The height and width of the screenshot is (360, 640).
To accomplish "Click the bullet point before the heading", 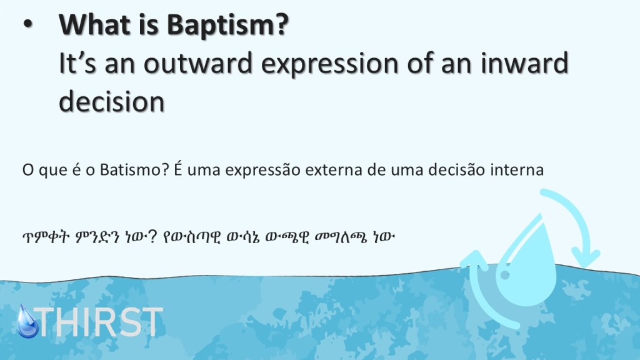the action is tap(27, 24).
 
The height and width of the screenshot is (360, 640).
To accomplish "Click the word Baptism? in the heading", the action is tap(227, 25).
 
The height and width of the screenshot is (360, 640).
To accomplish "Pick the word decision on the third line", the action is tap(112, 102).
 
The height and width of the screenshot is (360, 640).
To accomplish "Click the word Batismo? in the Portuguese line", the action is tap(134, 169).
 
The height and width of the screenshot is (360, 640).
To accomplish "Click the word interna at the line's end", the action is tap(517, 169).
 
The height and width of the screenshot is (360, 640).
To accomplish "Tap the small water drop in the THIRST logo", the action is tap(27, 322).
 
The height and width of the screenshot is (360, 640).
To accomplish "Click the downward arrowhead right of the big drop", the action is tap(585, 257).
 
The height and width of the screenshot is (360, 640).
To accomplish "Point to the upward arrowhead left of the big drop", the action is tap(475, 259).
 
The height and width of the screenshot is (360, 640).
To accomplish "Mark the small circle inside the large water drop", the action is tap(505, 275).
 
